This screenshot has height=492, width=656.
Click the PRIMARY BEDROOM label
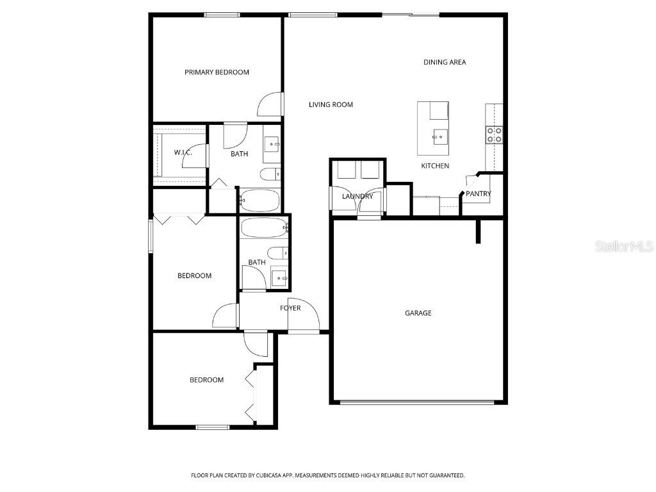tap(217, 72)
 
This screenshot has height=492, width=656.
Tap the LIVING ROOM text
tap(331, 104)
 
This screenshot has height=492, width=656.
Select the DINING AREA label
tap(445, 62)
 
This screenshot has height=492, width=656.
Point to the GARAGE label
tap(418, 313)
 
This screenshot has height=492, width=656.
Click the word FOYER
tap(290, 308)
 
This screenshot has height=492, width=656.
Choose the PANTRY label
tap(478, 193)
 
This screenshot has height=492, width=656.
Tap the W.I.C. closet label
tap(183, 152)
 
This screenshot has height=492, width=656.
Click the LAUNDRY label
tap(357, 196)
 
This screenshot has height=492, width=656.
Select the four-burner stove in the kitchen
tap(494, 134)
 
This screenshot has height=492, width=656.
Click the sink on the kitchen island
tap(439, 135)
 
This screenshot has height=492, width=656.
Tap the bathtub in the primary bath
tap(259, 201)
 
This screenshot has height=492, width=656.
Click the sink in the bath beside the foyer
tap(279, 278)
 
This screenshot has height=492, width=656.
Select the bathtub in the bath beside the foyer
tap(264, 227)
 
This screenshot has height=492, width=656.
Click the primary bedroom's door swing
tap(269, 105)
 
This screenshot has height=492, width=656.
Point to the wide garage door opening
tap(417, 402)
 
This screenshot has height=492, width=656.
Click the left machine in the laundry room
tap(346, 170)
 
